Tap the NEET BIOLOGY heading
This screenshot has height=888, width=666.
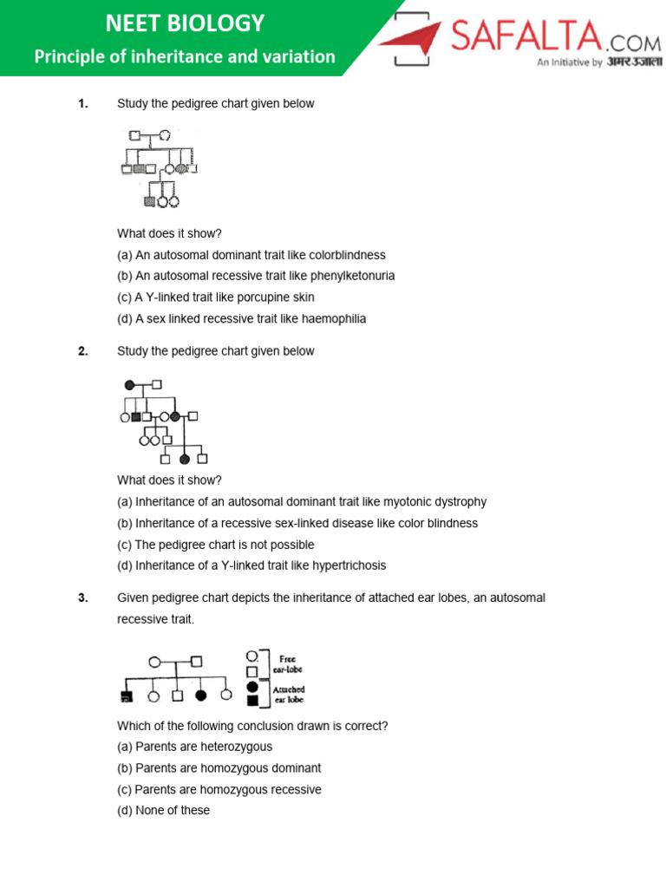185,23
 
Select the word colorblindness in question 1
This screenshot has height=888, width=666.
347,255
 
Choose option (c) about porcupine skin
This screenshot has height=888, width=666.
216,297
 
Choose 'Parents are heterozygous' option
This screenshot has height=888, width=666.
195,747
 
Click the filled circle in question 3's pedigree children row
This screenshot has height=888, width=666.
201,695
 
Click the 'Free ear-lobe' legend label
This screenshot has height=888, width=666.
291,664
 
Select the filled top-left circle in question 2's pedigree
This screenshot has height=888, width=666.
129,384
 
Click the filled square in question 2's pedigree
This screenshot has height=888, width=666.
136,417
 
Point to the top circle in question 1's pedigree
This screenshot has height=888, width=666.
164,136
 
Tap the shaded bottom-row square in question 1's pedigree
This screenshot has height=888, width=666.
150,201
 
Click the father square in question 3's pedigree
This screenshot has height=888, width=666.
197,662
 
